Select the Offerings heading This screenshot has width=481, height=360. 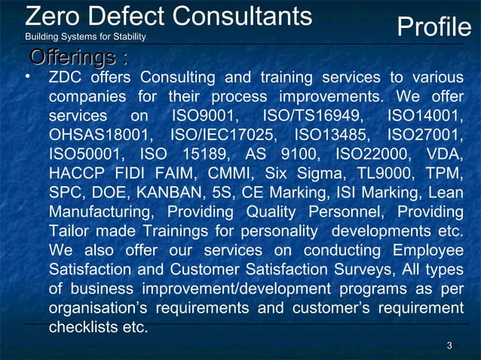pos(77,57)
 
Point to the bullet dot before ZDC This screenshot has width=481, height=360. pos(27,77)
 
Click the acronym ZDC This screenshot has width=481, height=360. pos(65,78)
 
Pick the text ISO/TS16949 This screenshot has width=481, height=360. pos(315,117)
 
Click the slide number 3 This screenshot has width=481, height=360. pos(449,346)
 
